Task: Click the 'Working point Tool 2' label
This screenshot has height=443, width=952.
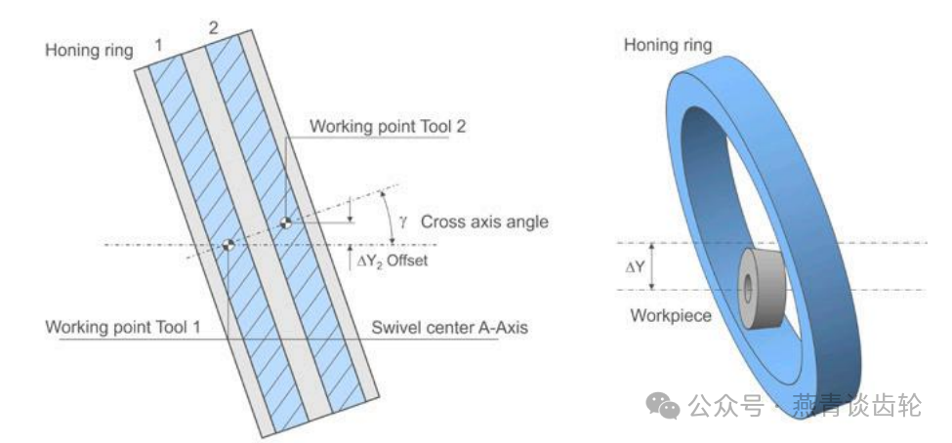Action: (378, 126)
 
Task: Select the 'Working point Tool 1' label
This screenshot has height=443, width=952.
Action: (123, 327)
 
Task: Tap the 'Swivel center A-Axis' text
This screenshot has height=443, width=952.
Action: (450, 327)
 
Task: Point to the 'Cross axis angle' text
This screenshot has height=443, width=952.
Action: (484, 221)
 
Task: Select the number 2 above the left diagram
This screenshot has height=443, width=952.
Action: (214, 26)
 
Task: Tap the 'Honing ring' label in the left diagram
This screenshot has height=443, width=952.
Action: (89, 50)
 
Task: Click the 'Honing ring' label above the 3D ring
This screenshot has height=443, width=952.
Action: (668, 45)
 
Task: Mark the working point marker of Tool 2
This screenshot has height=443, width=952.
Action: (284, 222)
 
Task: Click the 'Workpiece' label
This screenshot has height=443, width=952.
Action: (670, 315)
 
